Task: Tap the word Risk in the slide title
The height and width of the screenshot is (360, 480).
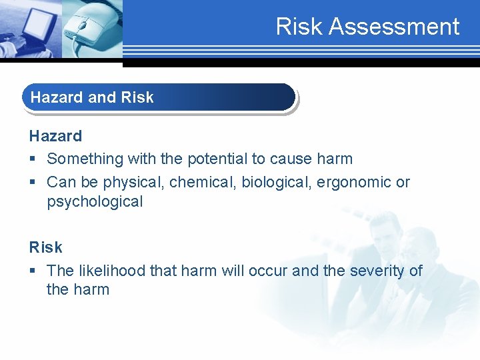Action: click(300, 27)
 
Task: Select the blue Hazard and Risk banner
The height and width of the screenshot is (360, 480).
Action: click(159, 97)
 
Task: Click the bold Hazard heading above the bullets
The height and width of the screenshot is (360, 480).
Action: click(55, 136)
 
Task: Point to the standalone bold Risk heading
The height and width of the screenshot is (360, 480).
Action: click(45, 247)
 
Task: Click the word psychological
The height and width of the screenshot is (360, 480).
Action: click(95, 202)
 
